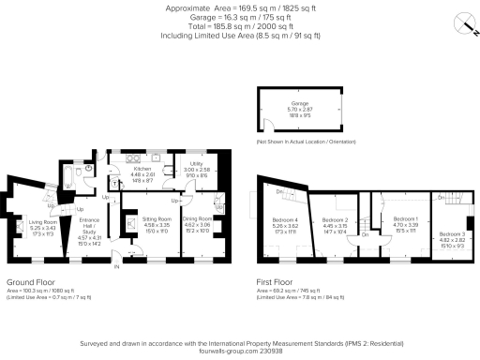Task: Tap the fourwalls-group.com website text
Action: pos(240,352)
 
